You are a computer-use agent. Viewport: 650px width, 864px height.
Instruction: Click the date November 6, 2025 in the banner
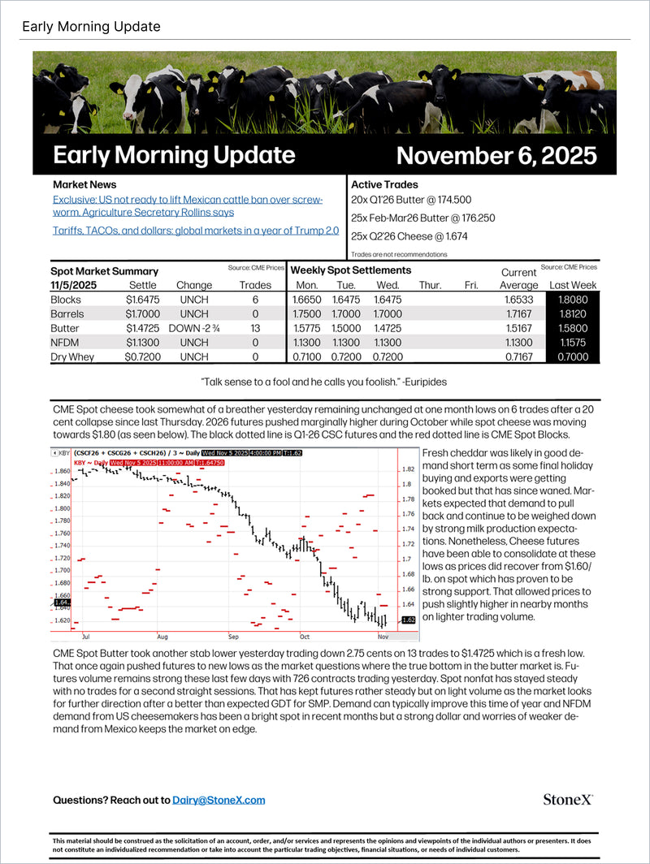tap(496, 155)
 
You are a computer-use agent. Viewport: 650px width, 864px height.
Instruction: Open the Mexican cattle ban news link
tap(188, 205)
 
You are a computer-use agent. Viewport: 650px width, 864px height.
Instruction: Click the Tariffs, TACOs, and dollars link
tap(196, 231)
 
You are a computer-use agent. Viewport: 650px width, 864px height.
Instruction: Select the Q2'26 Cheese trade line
tap(397, 236)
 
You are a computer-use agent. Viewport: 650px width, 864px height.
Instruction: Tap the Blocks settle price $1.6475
tap(143, 300)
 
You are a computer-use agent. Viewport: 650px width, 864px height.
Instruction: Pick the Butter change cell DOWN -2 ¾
tap(193, 328)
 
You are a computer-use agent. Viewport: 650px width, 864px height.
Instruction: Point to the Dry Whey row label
tap(72, 356)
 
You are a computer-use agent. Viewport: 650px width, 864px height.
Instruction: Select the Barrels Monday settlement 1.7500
tap(307, 313)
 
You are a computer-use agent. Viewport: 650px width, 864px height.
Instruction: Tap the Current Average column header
tap(518, 279)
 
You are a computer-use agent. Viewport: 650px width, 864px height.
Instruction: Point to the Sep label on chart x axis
tap(233, 637)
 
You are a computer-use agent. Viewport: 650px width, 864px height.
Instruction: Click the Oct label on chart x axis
tap(305, 637)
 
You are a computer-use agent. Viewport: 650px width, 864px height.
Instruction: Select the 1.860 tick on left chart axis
tap(60, 470)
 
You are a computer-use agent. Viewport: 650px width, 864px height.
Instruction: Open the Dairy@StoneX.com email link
tap(219, 800)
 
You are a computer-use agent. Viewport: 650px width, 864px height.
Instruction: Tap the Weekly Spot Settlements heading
tap(351, 270)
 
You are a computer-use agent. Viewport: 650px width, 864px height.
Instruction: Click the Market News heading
tap(84, 184)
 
